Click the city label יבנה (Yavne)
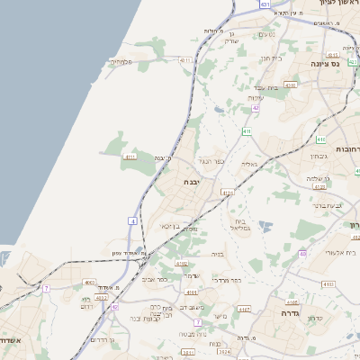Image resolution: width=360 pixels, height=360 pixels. tap(193, 182)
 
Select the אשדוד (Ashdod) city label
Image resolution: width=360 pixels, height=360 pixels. tap(10, 341)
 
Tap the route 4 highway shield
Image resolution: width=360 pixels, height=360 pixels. tap(133, 220)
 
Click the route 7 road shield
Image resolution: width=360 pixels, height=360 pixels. tap(46, 288)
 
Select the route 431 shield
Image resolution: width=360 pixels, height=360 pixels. tap(265, 4)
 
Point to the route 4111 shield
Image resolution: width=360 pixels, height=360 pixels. tap(130, 157)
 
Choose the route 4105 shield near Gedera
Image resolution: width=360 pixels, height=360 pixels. tap(292, 302)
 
